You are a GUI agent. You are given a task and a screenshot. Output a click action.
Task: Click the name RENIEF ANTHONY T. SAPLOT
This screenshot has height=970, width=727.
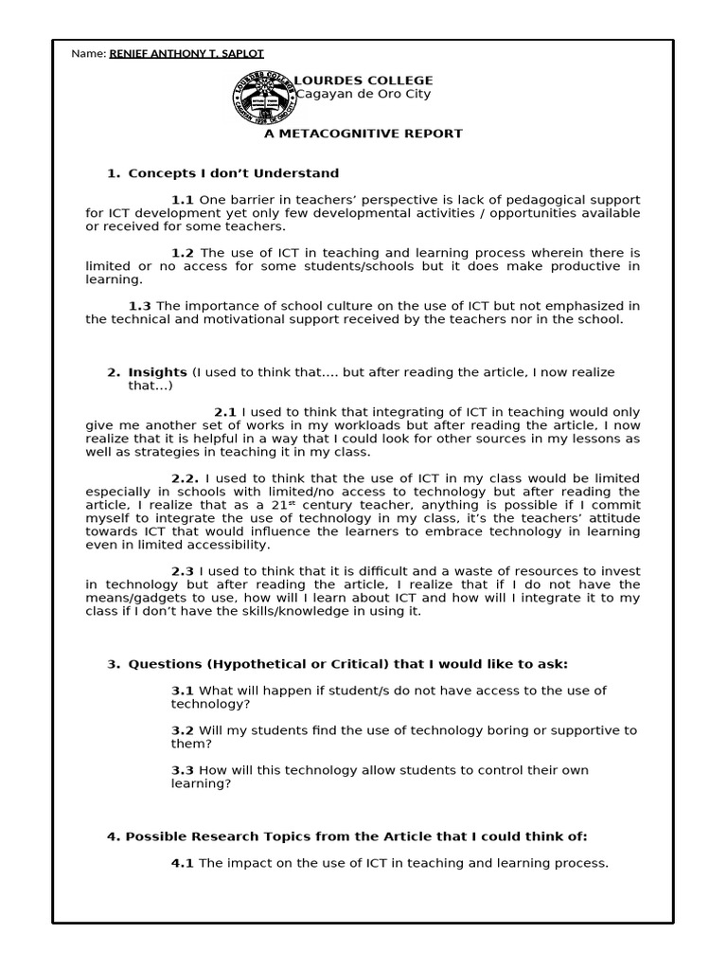[x=186, y=53]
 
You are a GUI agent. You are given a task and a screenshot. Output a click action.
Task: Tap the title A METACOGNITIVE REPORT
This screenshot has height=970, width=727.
[x=363, y=134]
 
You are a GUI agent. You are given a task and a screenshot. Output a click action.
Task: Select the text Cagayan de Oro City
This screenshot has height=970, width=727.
[x=364, y=94]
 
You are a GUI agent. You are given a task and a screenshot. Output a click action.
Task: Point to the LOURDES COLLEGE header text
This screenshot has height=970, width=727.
[x=364, y=81]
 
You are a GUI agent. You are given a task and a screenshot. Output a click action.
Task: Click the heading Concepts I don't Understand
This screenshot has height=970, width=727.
[x=233, y=173]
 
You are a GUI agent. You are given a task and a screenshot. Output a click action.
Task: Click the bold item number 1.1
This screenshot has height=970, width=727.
[x=183, y=200]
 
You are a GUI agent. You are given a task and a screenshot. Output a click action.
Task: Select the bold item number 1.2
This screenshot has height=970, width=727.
[x=183, y=253]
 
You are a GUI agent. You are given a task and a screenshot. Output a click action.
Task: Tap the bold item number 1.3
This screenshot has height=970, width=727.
[x=140, y=306]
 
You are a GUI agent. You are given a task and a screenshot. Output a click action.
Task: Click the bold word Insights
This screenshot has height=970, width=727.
[x=158, y=372]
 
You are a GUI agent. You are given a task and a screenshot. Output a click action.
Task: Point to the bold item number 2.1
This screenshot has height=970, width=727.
[x=225, y=412]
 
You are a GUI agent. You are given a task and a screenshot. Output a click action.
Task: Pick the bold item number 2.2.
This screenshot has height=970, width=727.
[x=185, y=478]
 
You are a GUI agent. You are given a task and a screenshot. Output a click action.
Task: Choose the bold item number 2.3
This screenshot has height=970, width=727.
[x=183, y=571]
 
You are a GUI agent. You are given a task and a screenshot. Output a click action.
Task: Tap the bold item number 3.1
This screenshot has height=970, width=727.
[x=183, y=691]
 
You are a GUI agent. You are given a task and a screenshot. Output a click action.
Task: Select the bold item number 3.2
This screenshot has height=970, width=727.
[x=183, y=730]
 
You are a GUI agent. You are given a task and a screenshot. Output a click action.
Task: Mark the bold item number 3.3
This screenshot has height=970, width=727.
[x=183, y=770]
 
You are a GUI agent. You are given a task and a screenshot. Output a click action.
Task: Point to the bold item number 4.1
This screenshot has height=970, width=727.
[x=183, y=863]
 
